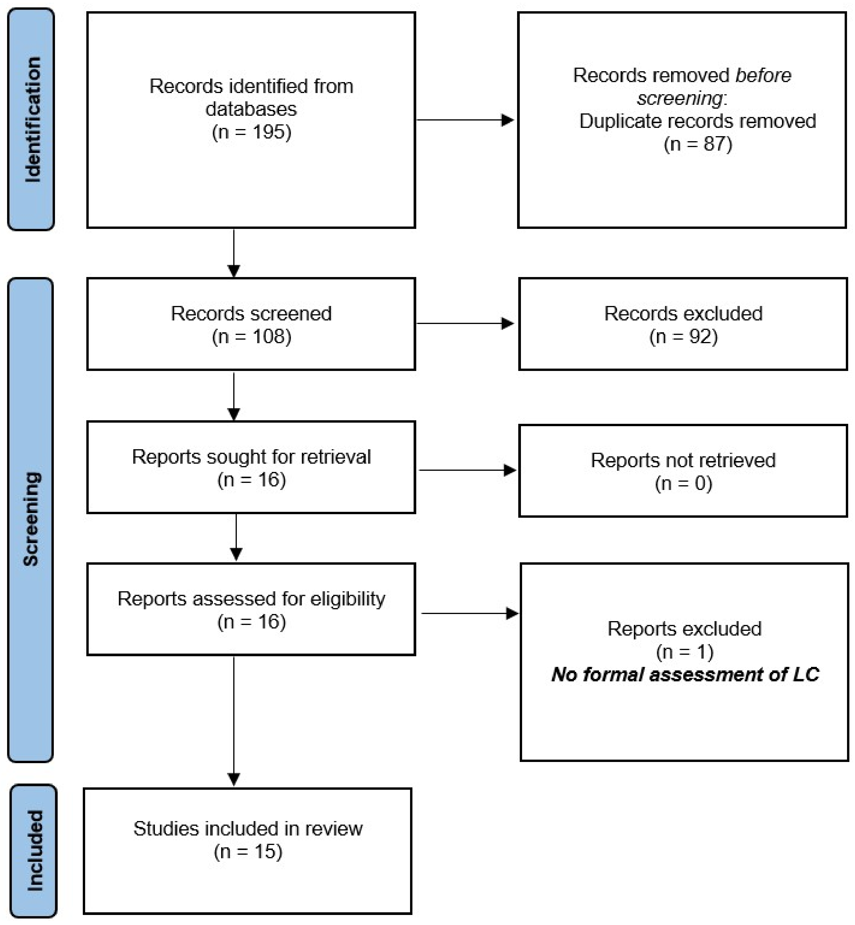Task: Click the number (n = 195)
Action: [x=251, y=132]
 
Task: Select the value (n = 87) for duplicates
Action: [x=698, y=144]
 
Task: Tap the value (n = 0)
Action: [x=683, y=483]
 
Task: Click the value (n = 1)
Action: [x=684, y=652]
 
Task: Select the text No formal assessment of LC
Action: [x=684, y=675]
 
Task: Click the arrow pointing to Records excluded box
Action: [x=465, y=324]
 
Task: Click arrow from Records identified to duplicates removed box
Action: [x=465, y=120]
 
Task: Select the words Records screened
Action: [x=251, y=313]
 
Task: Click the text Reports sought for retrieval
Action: [x=251, y=457]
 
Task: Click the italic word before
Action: [x=763, y=75]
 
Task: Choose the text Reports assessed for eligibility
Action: [x=251, y=599]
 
